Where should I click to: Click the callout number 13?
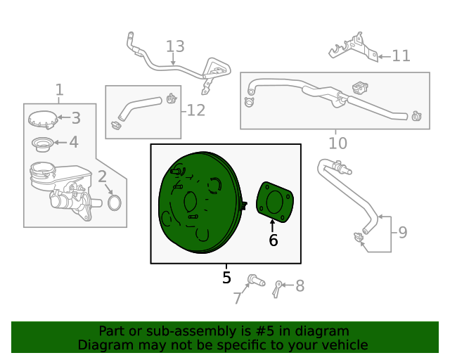[x=175, y=46]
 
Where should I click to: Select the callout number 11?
[x=401, y=56]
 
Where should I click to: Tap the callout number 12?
[x=196, y=110]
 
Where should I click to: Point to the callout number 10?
[x=337, y=143]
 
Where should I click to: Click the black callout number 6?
[x=274, y=240]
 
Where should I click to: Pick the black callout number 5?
[x=226, y=278]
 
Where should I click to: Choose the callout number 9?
[x=403, y=232]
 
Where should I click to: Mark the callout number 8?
[x=300, y=286]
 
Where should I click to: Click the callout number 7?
[x=237, y=298]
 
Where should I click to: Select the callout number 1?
[x=59, y=89]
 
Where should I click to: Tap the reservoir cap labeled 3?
[x=43, y=120]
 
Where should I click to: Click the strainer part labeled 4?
[x=42, y=144]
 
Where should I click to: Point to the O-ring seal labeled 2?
[x=115, y=202]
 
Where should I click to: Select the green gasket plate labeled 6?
[x=275, y=202]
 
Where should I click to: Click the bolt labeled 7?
[x=256, y=280]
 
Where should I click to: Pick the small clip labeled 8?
[x=277, y=290]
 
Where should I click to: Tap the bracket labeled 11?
[x=354, y=47]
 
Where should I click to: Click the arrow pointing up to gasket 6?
[x=272, y=226]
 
